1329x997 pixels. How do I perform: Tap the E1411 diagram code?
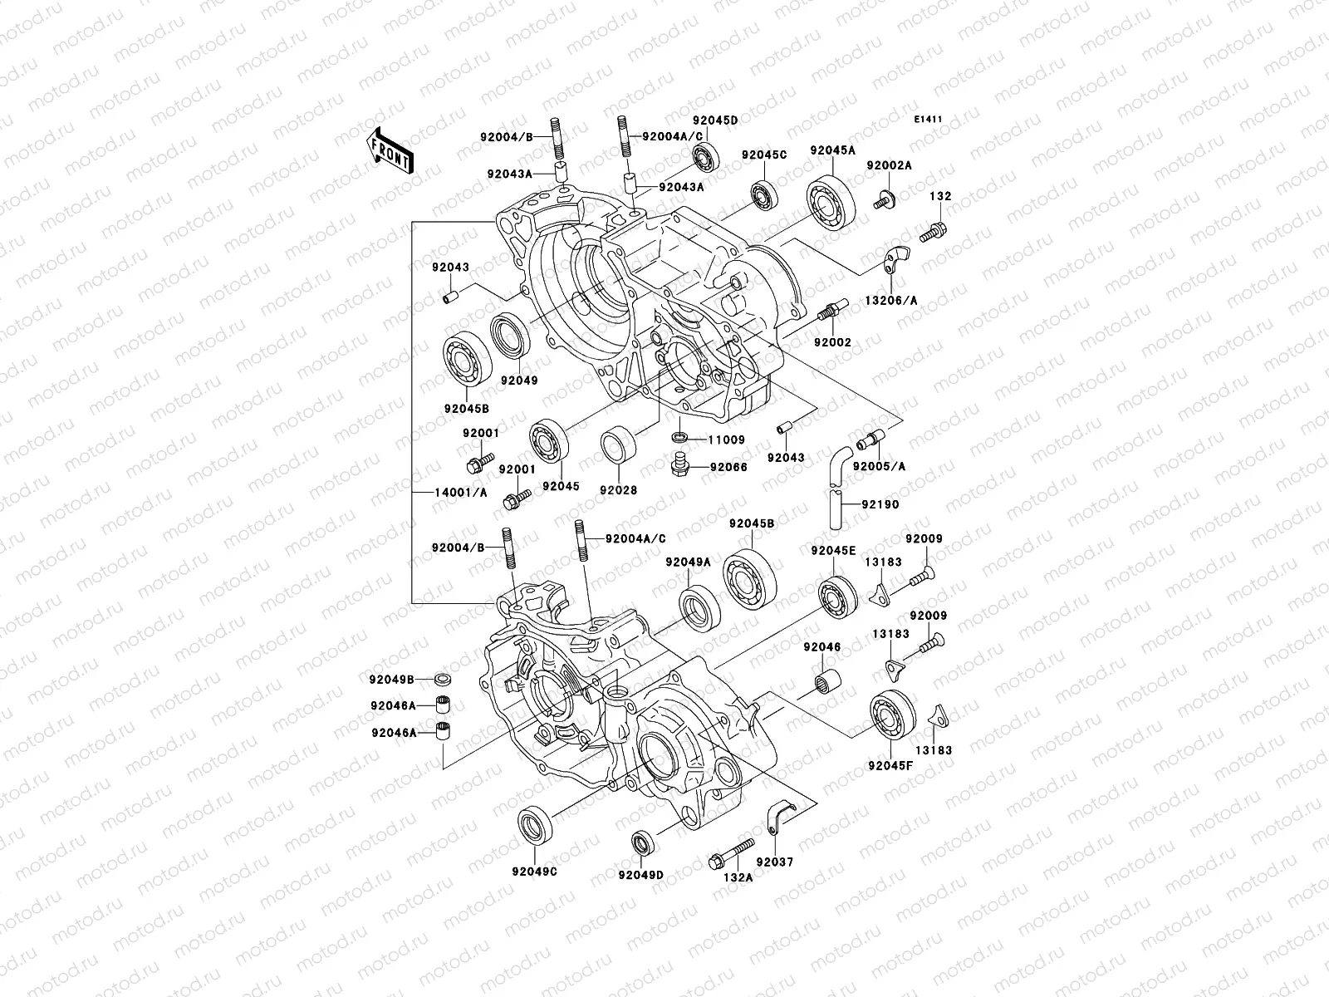[x=928, y=120]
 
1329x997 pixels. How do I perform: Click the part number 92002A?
[x=889, y=165]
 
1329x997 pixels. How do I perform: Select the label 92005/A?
[x=879, y=466]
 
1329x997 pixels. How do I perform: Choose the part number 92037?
[x=775, y=862]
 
